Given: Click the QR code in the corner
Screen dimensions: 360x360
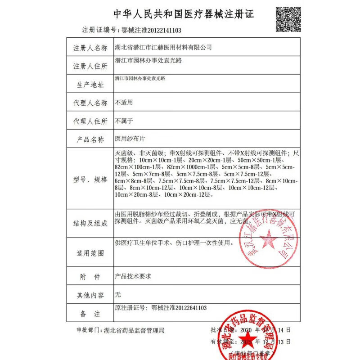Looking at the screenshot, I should (288, 19).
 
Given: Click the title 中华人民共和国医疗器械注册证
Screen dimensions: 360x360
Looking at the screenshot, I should (183, 14).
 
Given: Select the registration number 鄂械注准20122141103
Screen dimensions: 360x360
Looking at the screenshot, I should (152, 31).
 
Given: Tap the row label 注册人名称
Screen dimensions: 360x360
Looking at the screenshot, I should (90, 48).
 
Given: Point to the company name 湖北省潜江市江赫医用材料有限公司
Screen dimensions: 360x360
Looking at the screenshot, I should (163, 47).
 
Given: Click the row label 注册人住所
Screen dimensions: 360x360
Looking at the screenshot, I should (90, 66).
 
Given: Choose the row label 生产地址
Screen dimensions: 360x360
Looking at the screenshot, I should (90, 85).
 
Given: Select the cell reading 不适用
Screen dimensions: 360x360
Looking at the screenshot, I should (124, 103).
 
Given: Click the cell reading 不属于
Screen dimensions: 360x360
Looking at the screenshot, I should (124, 121).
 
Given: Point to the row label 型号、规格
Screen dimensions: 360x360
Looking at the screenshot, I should (90, 180).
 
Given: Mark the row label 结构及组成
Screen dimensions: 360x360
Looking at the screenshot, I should (90, 224).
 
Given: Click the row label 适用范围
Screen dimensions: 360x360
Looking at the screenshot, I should (90, 253).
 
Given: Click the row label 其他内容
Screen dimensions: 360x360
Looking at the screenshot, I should (90, 295).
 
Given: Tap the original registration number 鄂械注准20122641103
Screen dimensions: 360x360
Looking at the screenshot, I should (161, 308).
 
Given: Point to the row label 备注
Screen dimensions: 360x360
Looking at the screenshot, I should (90, 313).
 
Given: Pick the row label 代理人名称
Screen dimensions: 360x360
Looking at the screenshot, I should (90, 103).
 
